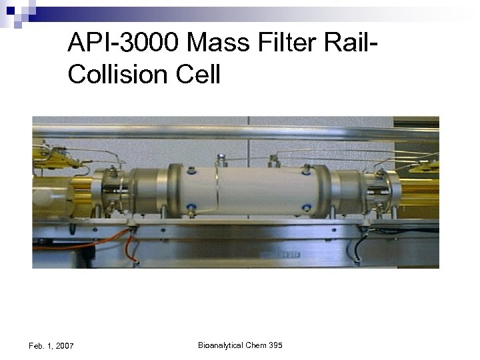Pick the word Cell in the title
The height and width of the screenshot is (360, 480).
(x=195, y=75)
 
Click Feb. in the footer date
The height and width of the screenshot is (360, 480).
(x=38, y=346)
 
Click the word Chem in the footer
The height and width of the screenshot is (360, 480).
(x=257, y=345)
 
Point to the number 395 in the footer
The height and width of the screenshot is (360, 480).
(x=276, y=345)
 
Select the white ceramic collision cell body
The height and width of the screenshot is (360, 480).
(x=250, y=190)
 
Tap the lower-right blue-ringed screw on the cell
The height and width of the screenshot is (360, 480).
(x=306, y=207)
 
